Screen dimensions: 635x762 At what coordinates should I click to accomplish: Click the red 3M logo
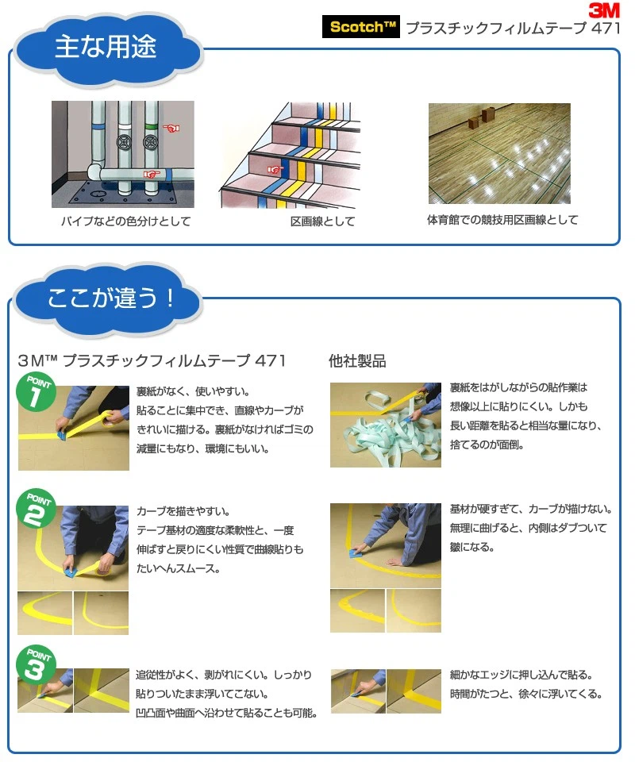tap(604, 10)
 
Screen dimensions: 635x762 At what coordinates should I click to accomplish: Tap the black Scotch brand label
tap(361, 26)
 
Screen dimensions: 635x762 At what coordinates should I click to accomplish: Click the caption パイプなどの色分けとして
tap(126, 221)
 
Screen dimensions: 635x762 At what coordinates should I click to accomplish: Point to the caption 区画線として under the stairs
tap(322, 221)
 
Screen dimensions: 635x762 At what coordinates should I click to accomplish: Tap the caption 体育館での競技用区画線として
tap(502, 220)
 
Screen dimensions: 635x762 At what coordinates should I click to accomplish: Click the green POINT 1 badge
tap(36, 392)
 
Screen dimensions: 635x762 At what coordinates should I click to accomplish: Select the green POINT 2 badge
tap(36, 508)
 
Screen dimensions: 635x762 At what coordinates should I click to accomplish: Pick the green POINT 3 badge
tap(36, 665)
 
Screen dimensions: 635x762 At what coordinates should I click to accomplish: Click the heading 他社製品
tap(357, 361)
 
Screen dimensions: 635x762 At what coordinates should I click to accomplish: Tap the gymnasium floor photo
tap(499, 153)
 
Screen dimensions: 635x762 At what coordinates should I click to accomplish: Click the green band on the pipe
tap(151, 127)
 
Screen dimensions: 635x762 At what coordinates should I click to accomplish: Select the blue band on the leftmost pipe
tap(98, 126)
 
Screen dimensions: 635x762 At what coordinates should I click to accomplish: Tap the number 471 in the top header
tap(606, 28)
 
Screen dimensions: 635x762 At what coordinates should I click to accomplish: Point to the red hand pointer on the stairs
tap(275, 170)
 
